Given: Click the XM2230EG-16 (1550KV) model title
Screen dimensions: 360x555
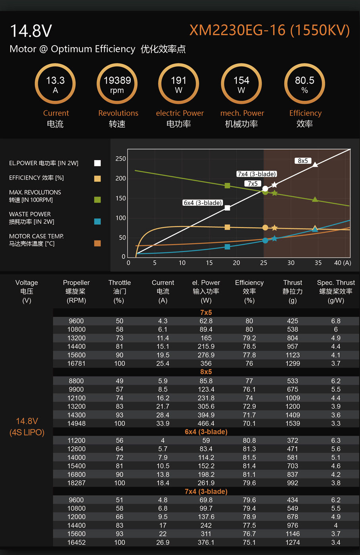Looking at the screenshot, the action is pos(270,30).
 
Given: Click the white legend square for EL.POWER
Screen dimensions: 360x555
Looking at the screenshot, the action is pos(98,163).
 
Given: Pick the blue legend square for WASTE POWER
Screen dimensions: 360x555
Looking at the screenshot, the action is pos(98,222).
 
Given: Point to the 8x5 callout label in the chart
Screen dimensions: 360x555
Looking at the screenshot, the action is pos(303,161).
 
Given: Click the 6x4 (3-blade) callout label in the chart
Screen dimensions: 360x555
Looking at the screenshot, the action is pos(203,203).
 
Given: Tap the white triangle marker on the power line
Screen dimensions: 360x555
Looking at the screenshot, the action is pos(315,165).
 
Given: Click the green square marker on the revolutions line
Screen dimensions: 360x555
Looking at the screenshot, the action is pos(227,186).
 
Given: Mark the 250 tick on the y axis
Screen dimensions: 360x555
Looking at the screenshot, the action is pos(121,159).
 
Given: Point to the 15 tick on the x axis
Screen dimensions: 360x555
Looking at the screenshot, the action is pos(209,263).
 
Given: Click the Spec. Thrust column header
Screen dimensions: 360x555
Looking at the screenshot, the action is pos(336,291).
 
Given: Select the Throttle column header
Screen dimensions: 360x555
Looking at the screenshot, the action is pos(119,291).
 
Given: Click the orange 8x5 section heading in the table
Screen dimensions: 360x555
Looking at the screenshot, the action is pos(206,372).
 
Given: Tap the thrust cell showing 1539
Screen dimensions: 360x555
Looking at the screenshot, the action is pos(293,423).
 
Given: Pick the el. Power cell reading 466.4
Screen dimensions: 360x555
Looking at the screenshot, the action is pos(206,423).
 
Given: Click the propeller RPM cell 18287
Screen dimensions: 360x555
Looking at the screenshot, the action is pos(76,483).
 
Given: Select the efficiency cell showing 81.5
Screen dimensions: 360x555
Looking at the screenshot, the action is pos(249,457).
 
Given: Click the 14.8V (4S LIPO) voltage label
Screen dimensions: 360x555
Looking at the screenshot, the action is pos(27,427).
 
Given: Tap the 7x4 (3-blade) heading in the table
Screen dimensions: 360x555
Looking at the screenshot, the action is pos(206,491).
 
